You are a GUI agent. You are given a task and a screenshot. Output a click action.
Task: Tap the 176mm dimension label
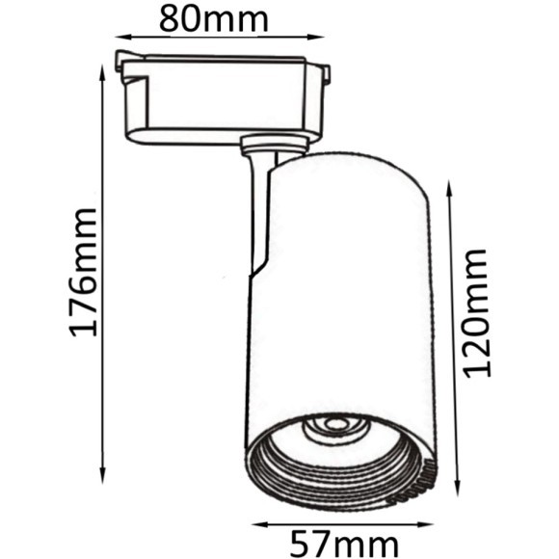click(x=83, y=273)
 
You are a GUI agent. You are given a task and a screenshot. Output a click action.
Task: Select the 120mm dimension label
click(x=477, y=313)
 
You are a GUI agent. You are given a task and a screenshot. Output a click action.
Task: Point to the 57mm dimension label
click(x=344, y=545)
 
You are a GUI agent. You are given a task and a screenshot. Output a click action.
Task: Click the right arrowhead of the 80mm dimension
click(x=316, y=37)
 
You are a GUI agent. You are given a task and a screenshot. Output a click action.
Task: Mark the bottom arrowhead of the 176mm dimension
click(x=103, y=475)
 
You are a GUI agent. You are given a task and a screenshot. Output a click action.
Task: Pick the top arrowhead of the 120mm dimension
click(x=449, y=188)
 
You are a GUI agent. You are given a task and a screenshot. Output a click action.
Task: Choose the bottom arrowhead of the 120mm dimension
click(x=458, y=488)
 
